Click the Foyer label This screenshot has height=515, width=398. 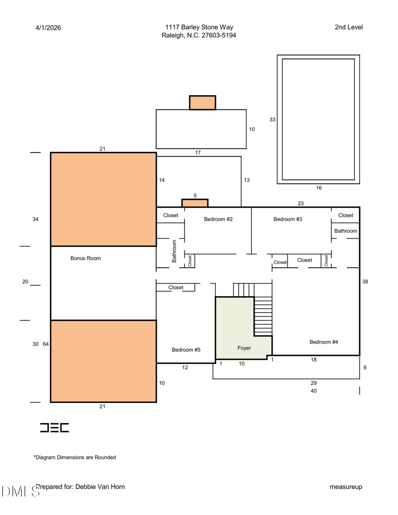tap(244, 348)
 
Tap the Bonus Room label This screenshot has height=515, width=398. tap(86, 258)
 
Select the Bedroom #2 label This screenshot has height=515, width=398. tap(218, 219)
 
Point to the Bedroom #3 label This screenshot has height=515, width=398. tap(288, 219)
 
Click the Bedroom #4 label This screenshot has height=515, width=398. tap(323, 342)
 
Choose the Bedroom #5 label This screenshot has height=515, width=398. tap(186, 350)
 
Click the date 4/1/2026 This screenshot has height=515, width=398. tap(48, 28)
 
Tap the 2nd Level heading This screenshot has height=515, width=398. tap(349, 27)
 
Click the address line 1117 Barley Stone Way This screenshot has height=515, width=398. tap(199, 27)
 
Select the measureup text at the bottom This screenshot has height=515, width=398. tap(346, 487)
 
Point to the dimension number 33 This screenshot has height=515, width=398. tap(272, 119)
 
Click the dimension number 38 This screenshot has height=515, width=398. tap(365, 282)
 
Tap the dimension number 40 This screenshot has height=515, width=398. tap(313, 391)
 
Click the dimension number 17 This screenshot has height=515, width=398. tap(198, 153)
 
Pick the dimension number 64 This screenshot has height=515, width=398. tap(46, 344)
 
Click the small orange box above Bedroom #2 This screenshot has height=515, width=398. tap(195, 203)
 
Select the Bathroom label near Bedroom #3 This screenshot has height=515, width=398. tap(345, 231)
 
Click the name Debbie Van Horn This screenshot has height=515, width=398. tap(100, 487)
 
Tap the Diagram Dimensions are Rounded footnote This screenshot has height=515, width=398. tap(75, 457)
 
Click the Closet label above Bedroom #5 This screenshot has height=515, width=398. tap(176, 288)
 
